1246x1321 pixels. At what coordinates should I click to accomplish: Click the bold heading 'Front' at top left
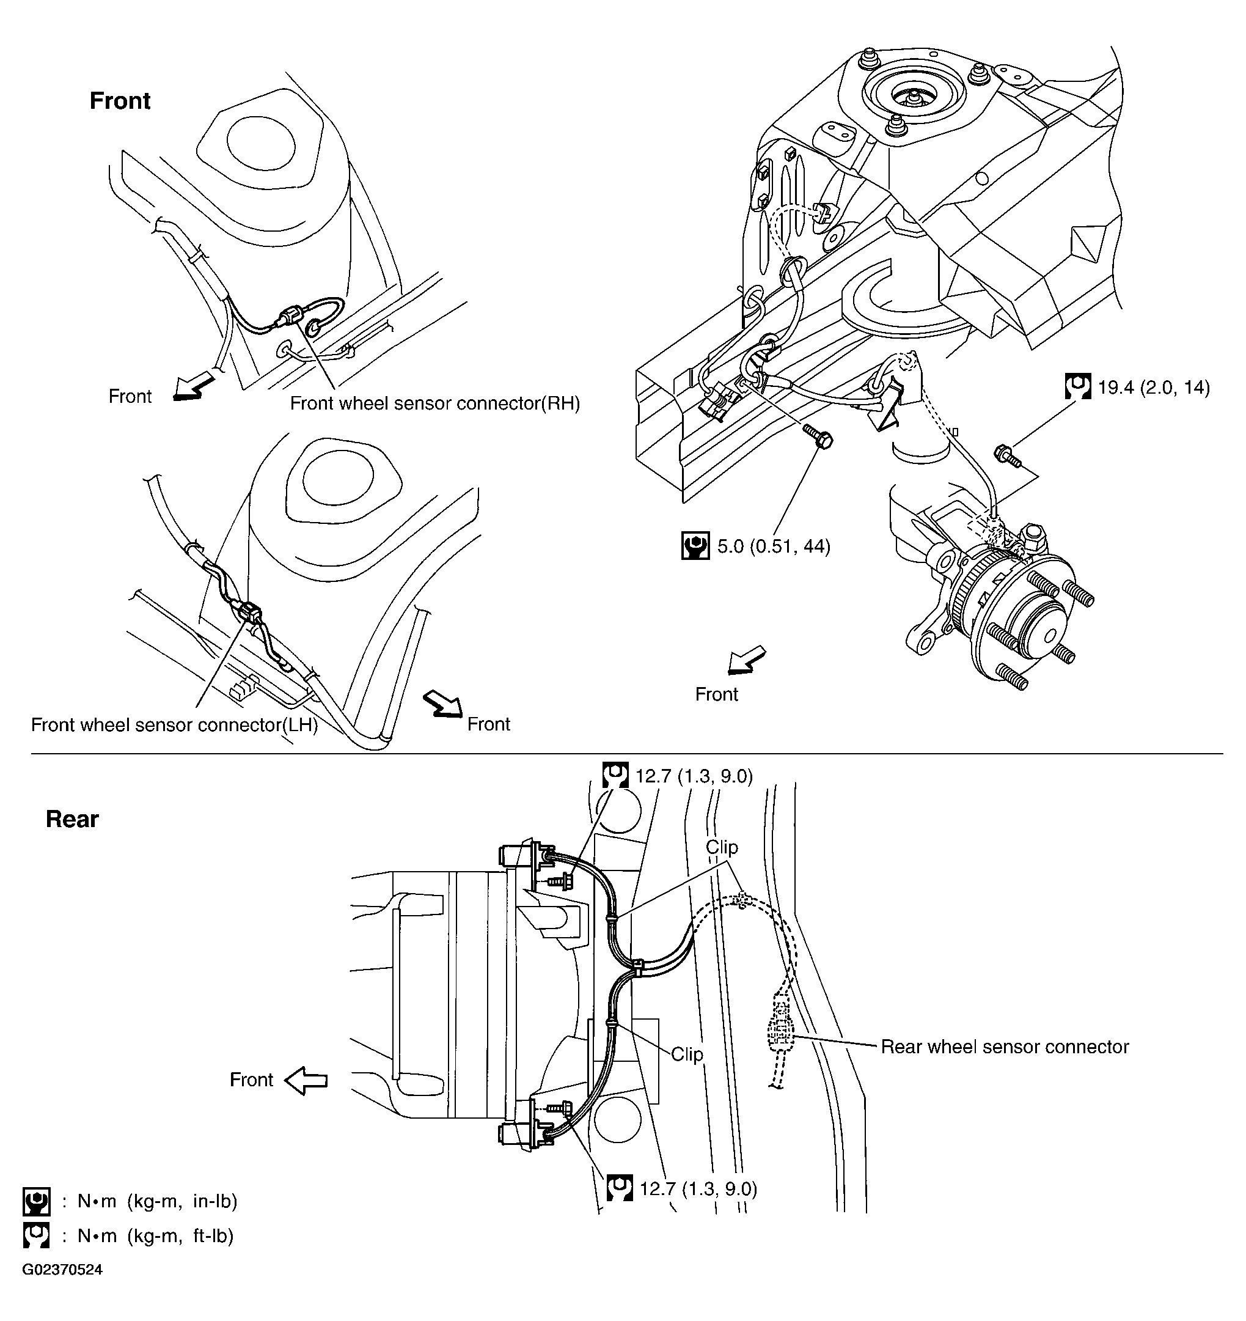[120, 101]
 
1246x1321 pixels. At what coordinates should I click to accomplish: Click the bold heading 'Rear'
[71, 819]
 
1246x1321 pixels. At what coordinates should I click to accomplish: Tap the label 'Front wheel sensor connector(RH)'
[434, 403]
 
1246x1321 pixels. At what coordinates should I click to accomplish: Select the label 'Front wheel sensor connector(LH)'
[174, 724]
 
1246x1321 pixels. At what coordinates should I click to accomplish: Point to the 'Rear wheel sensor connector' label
[1004, 1047]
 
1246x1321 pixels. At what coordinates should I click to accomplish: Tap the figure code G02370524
[62, 1270]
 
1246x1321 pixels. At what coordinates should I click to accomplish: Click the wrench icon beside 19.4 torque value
[1077, 386]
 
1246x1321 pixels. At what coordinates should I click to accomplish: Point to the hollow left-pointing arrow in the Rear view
[306, 1080]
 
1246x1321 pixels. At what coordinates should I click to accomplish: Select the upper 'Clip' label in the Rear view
[721, 847]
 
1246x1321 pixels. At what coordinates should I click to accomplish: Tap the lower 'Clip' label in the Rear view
[686, 1054]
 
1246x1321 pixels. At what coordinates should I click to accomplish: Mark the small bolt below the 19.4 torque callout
[1007, 457]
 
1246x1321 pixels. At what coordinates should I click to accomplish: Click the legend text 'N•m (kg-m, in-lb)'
[158, 1201]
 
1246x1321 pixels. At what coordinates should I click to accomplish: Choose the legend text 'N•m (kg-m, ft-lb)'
[155, 1235]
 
